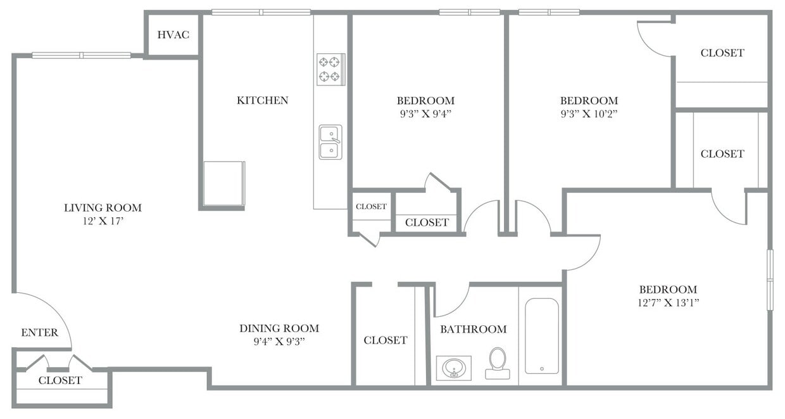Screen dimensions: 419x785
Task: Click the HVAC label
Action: click(x=173, y=34)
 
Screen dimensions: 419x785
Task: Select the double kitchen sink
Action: click(x=330, y=142)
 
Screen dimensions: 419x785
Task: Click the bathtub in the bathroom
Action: click(x=542, y=336)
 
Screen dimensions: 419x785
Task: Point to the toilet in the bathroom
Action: click(x=498, y=363)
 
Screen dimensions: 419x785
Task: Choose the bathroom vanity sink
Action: click(x=453, y=368)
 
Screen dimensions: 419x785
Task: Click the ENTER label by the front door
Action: click(x=39, y=332)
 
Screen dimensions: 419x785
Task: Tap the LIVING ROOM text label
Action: click(x=103, y=208)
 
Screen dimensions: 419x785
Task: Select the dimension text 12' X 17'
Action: click(x=103, y=221)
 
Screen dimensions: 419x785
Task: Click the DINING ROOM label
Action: click(x=279, y=328)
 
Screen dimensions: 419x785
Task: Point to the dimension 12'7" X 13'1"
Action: click(x=668, y=302)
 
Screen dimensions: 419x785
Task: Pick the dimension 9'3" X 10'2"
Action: click(x=589, y=114)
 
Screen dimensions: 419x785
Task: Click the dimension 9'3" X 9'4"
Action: click(x=425, y=114)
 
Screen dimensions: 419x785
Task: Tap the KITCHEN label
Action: click(x=262, y=100)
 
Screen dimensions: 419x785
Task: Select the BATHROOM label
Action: click(x=473, y=329)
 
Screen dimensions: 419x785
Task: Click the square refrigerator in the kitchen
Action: click(x=223, y=183)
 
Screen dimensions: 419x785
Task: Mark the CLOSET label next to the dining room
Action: click(x=385, y=340)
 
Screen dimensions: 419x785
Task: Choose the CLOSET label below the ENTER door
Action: click(x=60, y=380)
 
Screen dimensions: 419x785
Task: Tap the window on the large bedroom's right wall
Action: click(x=770, y=280)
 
